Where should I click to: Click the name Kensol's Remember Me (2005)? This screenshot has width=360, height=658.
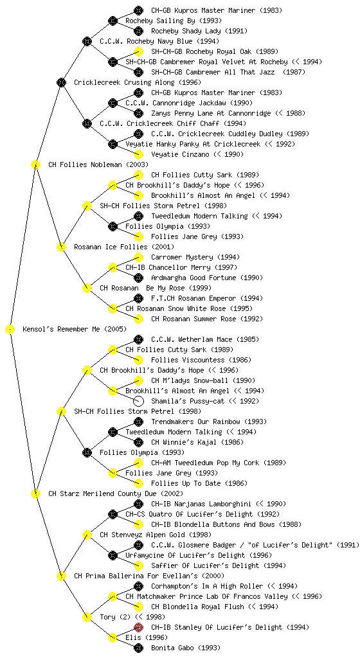coord(75,329)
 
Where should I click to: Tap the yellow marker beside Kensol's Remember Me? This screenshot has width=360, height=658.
coord(10,329)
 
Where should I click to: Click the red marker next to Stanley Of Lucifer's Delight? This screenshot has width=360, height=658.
coord(138,627)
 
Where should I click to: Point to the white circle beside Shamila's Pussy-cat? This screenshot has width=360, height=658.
coord(138,401)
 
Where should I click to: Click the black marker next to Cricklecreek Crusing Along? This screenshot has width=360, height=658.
coord(61,82)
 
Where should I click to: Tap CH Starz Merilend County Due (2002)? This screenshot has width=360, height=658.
coord(115,493)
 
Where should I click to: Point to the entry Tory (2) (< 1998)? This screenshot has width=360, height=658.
coord(132,617)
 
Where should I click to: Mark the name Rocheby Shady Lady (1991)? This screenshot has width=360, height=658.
coord(199,31)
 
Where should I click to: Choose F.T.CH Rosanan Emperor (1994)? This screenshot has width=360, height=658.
coord(206,298)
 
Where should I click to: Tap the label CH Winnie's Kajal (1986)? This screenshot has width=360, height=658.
coord(197,442)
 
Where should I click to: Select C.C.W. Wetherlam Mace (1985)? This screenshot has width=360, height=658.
coord(205,339)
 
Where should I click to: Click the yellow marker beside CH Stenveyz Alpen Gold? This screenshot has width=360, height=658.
coord(87,535)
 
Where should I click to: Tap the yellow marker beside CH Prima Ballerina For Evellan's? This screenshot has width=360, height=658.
coord(61,576)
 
